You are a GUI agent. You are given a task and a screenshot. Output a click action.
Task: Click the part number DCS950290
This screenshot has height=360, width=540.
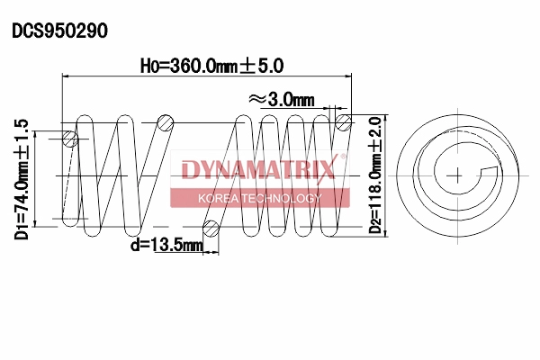(59, 31)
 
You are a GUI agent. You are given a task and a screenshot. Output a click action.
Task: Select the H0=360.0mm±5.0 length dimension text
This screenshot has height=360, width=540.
(212, 66)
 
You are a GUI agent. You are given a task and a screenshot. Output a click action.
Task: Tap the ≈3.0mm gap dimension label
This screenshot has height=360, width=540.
(280, 98)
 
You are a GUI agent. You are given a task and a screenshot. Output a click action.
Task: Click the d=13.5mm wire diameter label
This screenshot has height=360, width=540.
(166, 243)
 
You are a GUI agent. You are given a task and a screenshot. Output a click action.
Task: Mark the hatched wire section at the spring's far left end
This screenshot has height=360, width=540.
(70, 139)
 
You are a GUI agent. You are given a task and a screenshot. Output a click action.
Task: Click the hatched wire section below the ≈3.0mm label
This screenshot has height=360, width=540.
(342, 122)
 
